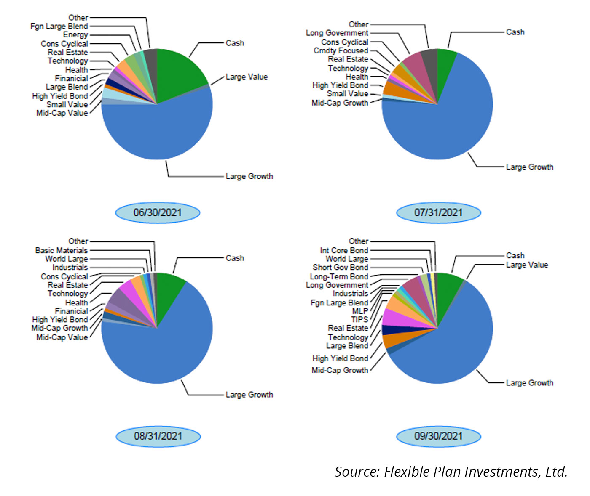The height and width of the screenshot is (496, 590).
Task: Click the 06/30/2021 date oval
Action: (x=157, y=212)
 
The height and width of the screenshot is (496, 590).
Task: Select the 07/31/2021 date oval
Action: (x=438, y=212)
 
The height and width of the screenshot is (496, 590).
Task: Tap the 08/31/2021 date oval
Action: (x=158, y=436)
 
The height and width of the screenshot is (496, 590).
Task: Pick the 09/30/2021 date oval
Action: (x=438, y=436)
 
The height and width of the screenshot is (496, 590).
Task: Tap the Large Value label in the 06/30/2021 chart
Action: (x=247, y=77)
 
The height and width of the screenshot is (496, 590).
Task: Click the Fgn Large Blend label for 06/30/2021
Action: (x=59, y=26)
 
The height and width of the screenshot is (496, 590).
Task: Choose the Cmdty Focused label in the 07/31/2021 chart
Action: (x=341, y=50)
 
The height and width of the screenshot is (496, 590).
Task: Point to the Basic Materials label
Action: (x=62, y=250)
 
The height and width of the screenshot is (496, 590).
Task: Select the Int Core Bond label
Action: (x=344, y=250)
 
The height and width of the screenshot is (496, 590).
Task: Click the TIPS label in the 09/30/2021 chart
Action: (x=359, y=319)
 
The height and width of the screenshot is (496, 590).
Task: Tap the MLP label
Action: (x=360, y=311)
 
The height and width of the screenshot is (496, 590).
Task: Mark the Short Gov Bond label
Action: (x=340, y=267)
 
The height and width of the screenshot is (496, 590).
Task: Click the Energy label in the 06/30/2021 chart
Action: (x=75, y=34)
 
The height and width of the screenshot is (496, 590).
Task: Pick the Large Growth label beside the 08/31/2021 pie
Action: (x=249, y=395)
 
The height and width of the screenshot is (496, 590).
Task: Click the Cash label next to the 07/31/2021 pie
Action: (x=515, y=32)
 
